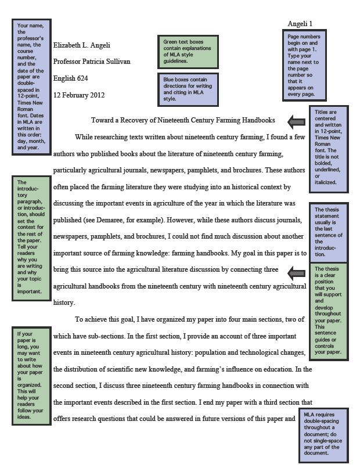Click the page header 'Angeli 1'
pos(300,24)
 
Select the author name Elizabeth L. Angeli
pos(81,45)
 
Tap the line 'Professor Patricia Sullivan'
pos(92,62)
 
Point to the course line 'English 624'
pos(70,78)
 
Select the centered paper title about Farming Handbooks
pos(183,120)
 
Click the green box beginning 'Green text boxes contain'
pos(188,51)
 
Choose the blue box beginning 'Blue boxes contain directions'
pos(188,88)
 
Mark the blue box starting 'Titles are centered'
pos(329,149)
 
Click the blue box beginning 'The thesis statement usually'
pos(329,232)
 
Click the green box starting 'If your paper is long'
pos(31,375)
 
